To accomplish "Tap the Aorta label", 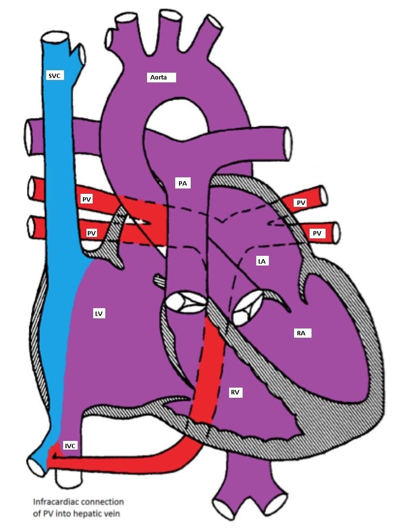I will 161,78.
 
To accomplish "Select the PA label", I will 182,183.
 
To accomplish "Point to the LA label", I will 262,261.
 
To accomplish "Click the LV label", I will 99,314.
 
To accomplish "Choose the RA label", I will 301,333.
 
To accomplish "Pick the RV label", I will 236,392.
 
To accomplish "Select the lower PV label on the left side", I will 91,233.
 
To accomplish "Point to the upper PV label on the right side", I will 301,203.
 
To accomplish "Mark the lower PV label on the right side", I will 317,234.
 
